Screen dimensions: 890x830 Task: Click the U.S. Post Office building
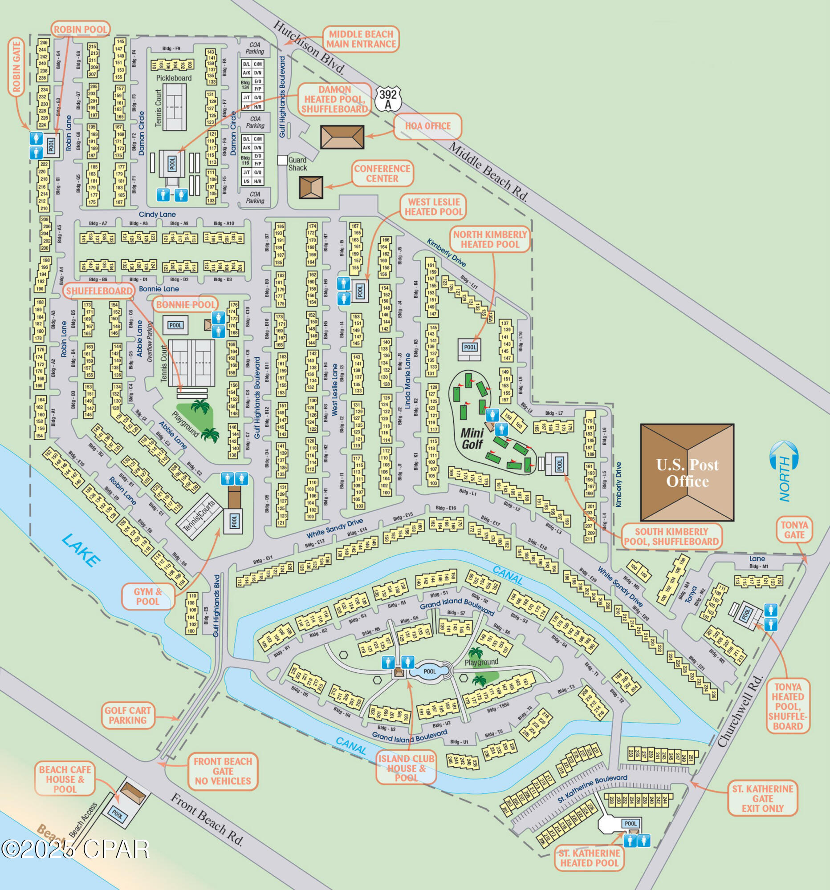click(687, 472)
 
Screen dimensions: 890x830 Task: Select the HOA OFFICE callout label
click(428, 126)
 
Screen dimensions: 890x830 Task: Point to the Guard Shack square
click(282, 160)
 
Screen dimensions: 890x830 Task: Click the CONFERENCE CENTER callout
click(382, 174)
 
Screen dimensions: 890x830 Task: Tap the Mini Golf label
click(472, 438)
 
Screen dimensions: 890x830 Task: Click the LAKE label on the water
click(81, 550)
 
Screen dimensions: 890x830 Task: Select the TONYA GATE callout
click(794, 530)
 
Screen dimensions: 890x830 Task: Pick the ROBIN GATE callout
click(16, 67)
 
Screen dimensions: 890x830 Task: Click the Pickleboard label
click(174, 78)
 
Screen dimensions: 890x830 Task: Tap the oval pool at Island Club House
click(430, 672)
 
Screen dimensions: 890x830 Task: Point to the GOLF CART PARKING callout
click(128, 716)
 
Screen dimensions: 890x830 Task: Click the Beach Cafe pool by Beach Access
click(117, 815)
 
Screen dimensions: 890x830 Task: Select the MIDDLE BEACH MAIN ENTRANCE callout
click(361, 39)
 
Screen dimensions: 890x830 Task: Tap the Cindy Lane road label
click(157, 214)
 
